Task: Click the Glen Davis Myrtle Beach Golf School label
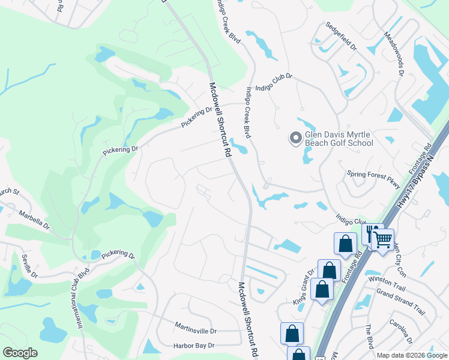coord(339,139)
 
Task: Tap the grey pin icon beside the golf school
coord(295,139)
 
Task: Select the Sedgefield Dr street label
coord(341,37)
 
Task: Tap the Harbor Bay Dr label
coord(194,346)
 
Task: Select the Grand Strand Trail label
coord(400,302)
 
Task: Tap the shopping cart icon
coord(382,240)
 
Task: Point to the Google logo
coord(20,353)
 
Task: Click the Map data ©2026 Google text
coord(412,355)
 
